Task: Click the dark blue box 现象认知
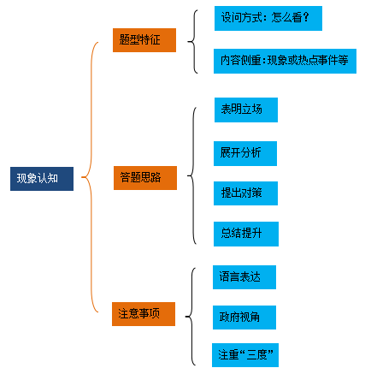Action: (42, 179)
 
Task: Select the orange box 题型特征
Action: (144, 40)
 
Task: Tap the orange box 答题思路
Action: (145, 178)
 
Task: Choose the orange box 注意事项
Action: (144, 314)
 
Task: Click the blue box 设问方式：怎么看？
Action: (268, 18)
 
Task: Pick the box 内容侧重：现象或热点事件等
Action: (285, 61)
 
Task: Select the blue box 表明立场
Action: (246, 110)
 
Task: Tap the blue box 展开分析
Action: (245, 153)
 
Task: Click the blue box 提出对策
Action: (245, 193)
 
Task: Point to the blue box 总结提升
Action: (246, 234)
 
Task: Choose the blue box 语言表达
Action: (244, 277)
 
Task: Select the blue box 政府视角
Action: (244, 318)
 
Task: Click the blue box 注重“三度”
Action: (245, 355)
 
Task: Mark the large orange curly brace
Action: (91, 177)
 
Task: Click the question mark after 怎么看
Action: (306, 17)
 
